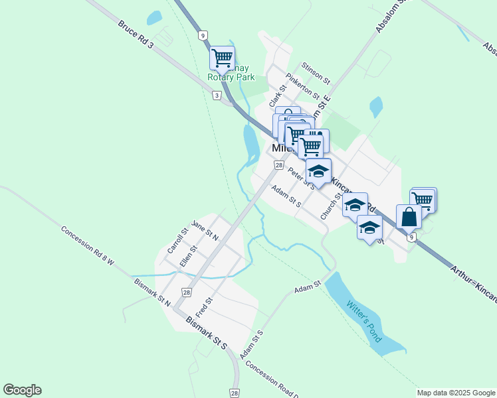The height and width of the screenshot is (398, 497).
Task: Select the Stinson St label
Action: [315, 72]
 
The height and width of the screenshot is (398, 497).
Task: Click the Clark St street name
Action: [277, 96]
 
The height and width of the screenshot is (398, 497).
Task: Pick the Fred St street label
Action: [204, 306]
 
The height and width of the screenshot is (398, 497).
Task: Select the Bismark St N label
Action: [152, 292]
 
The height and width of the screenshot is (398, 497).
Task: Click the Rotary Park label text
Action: [231, 77]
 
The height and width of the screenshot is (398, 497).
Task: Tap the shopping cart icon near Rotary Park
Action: [222, 57]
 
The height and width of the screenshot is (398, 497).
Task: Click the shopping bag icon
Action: [409, 216]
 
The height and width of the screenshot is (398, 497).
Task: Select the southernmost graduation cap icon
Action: [369, 228]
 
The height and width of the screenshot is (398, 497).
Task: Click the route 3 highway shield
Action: [217, 96]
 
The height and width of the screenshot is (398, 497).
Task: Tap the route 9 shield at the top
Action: [201, 34]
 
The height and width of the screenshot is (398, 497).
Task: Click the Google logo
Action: [22, 390]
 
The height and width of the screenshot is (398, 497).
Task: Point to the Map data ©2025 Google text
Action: [456, 393]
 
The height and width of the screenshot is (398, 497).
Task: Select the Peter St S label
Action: [302, 177]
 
